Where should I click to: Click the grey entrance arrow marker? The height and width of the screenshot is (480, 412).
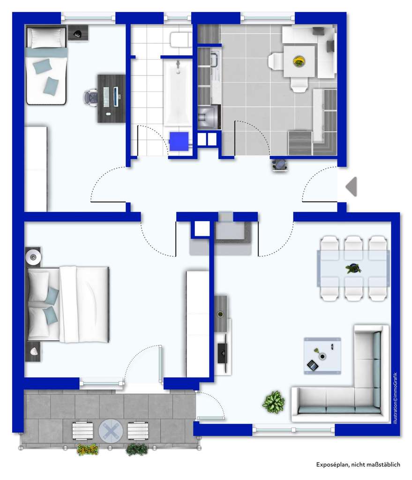[352, 187]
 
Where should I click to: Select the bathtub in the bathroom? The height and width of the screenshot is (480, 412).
[178, 93]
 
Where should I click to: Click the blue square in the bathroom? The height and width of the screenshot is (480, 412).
[179, 141]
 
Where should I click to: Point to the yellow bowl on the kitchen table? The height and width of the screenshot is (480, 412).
[299, 61]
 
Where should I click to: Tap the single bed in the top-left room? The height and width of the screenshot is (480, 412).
[46, 66]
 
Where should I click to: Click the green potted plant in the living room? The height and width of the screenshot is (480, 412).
[273, 402]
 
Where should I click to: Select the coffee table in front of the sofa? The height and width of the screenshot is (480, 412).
[322, 355]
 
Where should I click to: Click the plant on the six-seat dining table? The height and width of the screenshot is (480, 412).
[353, 269]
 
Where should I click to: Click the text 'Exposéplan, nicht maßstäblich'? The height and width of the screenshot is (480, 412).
[358, 465]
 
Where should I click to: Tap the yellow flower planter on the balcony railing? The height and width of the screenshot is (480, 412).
[88, 449]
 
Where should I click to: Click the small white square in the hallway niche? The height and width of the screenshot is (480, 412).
[202, 228]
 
